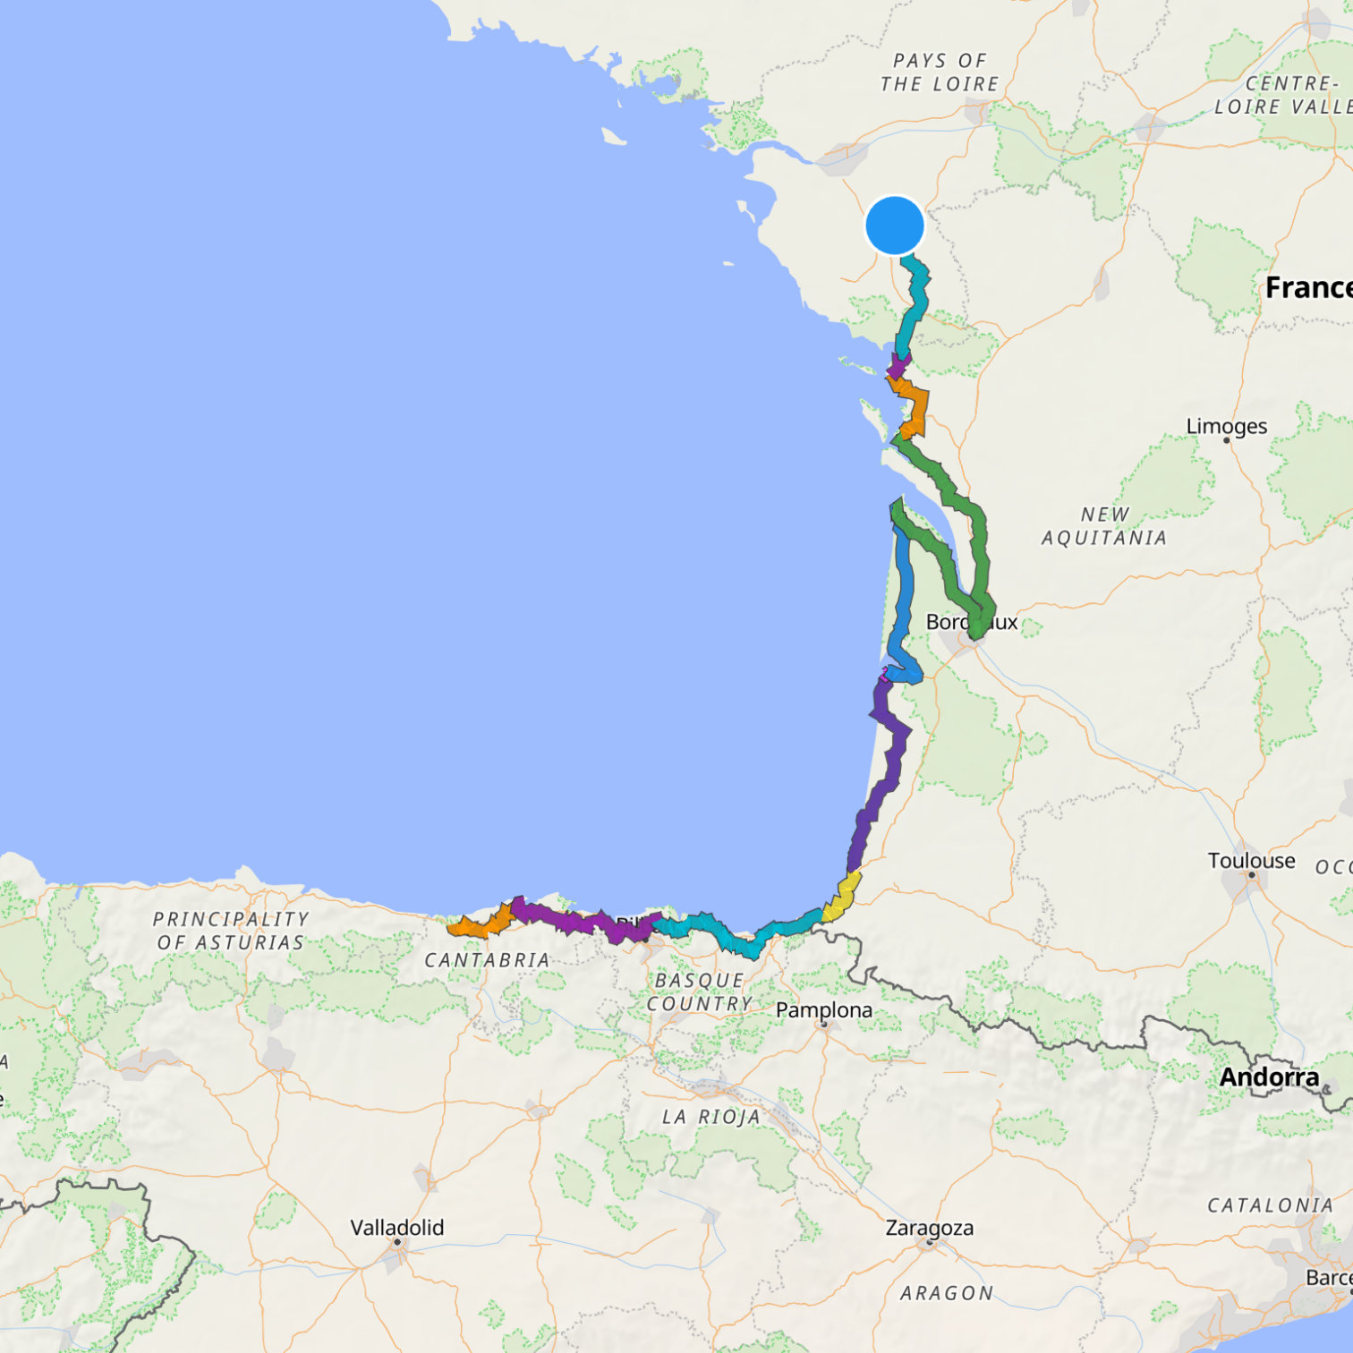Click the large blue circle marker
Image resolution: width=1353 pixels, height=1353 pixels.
[x=895, y=225]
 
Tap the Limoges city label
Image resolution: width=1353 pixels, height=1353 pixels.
[x=1226, y=426]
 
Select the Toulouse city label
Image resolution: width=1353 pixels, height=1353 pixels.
[x=1251, y=860]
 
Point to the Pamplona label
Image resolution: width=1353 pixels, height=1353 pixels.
[x=823, y=1009]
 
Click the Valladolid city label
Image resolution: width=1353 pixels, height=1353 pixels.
[x=396, y=1227]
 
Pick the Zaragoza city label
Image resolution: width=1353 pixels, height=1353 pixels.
[x=929, y=1228]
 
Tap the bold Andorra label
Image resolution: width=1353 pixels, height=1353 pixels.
[x=1269, y=1076]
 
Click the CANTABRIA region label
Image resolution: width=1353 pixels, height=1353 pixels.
[x=487, y=960]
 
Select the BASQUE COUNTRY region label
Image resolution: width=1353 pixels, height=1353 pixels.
[x=699, y=992]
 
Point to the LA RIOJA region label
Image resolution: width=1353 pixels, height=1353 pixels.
[x=711, y=1117]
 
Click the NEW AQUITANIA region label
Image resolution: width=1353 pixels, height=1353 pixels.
[x=1104, y=526]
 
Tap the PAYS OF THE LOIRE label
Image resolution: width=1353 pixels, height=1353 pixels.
[x=939, y=72]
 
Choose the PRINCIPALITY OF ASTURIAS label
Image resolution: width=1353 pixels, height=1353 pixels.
[x=231, y=931]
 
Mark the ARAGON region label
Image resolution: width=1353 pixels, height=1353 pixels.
[x=947, y=1293]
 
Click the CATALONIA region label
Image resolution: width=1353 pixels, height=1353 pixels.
[x=1270, y=1205]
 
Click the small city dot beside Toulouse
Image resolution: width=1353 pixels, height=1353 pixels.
[x=1252, y=875]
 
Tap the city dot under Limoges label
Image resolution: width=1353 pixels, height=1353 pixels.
[x=1227, y=440]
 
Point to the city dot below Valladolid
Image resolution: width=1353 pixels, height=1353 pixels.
[x=396, y=1242]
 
